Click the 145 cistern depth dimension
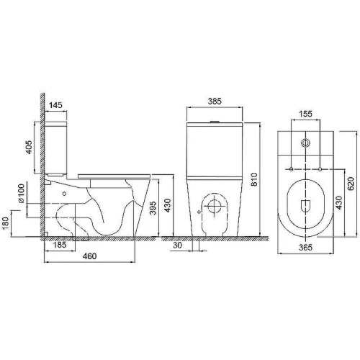[x=55, y=105]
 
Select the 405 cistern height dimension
[x=29, y=147]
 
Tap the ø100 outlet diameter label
[x=22, y=194]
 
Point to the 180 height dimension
[x=6, y=222]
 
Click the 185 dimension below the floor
[x=60, y=245]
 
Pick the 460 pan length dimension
[x=89, y=256]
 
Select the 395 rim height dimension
[x=153, y=208]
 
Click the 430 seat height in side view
[x=167, y=205]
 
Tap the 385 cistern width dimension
[x=215, y=102]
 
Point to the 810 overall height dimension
[x=254, y=179]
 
